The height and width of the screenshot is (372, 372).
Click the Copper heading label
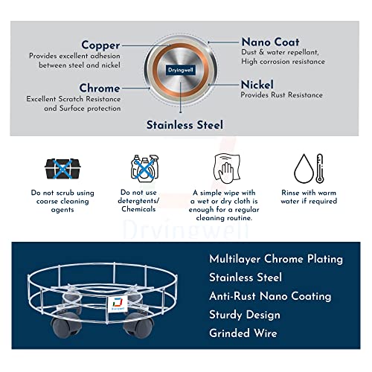pos(100,45)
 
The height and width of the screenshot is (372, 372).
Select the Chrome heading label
pos(100,88)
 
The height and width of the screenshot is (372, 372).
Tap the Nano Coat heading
pos(271,42)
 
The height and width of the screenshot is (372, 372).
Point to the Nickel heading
pos(257,85)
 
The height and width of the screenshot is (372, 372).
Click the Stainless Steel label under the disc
pos(185,125)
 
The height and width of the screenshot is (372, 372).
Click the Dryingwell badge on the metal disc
pos(181,70)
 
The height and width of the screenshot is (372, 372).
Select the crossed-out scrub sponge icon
pos(62,169)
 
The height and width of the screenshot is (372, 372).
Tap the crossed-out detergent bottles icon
pos(145,169)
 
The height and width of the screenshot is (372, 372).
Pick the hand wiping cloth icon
pos(227,169)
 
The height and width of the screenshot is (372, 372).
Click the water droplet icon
pos(304,169)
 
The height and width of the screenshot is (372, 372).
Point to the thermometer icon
pos(320,169)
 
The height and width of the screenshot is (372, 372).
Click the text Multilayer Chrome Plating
pos(276,259)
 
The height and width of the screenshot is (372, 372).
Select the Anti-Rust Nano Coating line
pos(270,296)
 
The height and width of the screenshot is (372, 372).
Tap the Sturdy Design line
pos(245,315)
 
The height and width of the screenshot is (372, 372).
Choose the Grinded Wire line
pos(243,333)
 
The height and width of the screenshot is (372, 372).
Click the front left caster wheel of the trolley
pos(66,325)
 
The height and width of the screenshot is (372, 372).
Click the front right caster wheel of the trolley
pos(138,325)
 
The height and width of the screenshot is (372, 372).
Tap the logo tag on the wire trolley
pos(118,304)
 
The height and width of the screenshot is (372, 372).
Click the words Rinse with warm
pos(309,193)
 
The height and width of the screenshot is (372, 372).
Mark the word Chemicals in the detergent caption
pos(138,209)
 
